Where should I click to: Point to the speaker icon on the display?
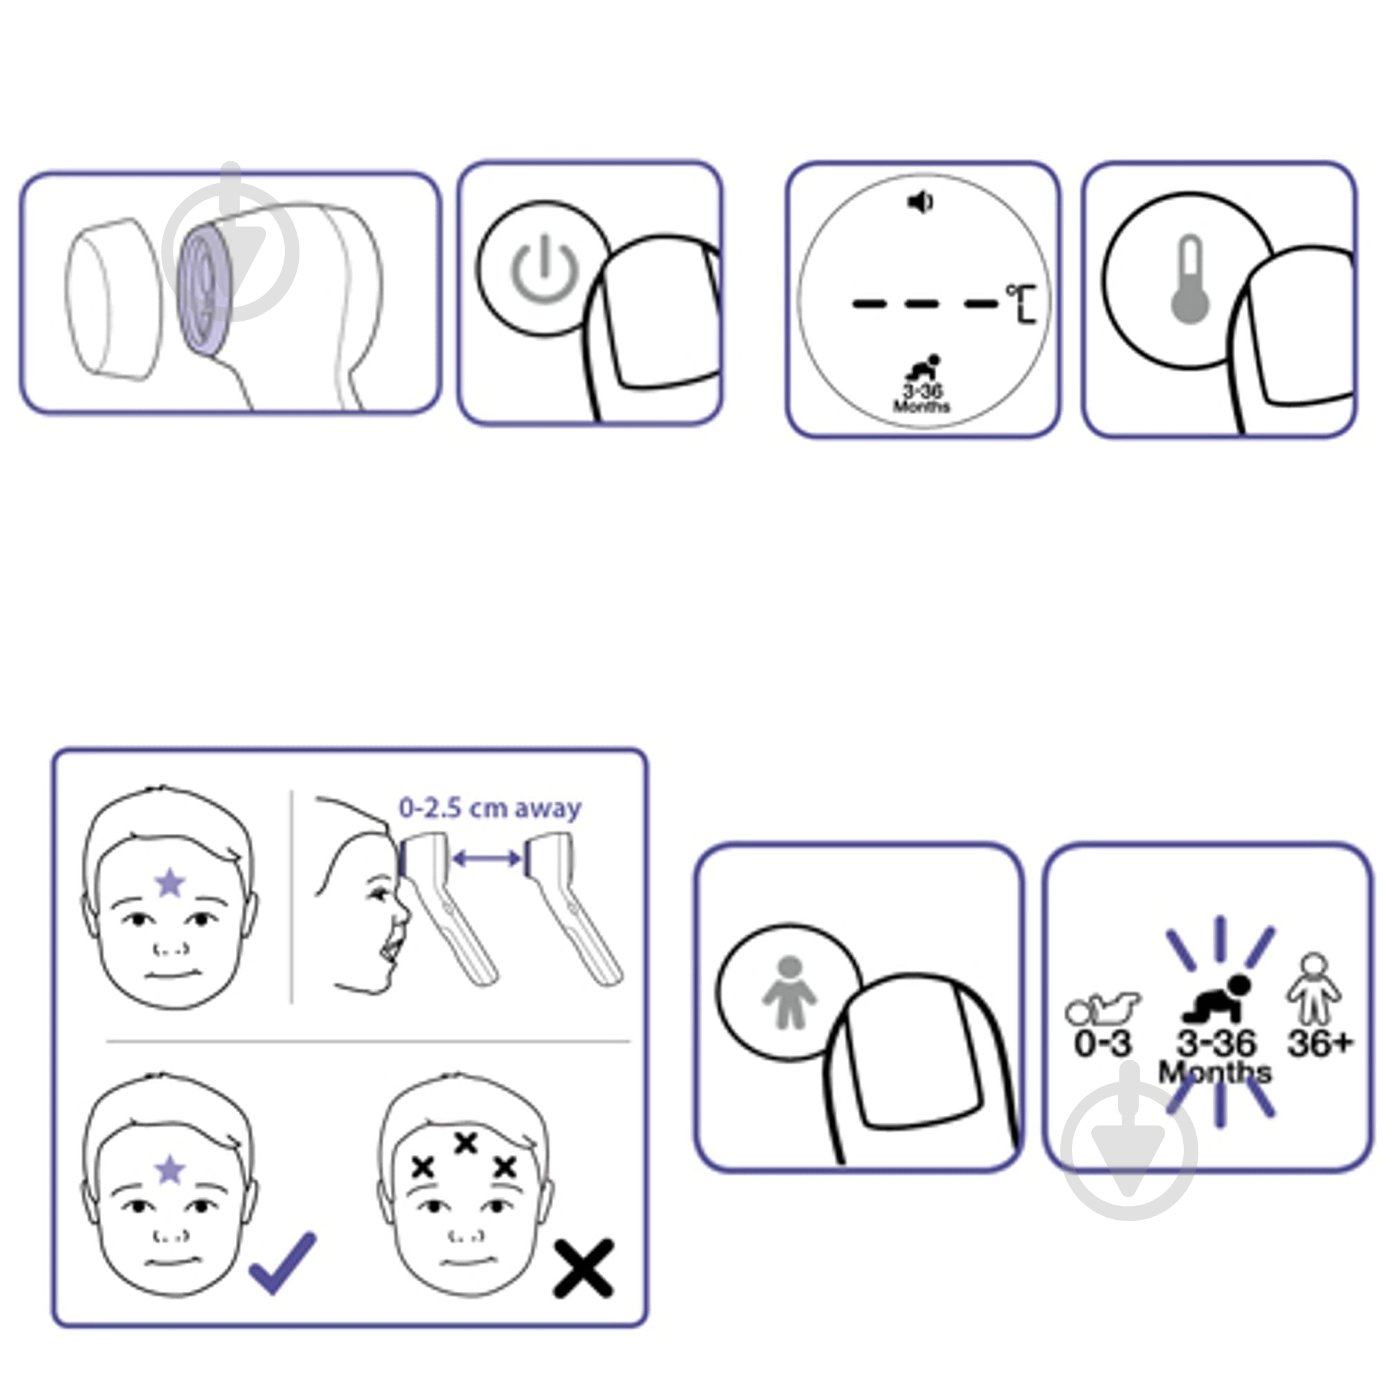coord(920,203)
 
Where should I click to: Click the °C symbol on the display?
coord(1021,304)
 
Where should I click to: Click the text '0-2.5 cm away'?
coord(490,808)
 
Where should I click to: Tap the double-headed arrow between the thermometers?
coord(487,857)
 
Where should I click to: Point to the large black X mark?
coord(584,1268)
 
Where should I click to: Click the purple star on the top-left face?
coord(170,882)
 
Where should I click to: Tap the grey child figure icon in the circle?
coord(789,992)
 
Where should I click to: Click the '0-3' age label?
coord(1103,1043)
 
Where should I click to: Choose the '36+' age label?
coord(1321,1043)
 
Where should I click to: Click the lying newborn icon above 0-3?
coord(1103,1009)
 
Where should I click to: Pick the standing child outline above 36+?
coord(1314,989)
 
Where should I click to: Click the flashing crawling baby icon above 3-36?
coord(1218,997)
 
